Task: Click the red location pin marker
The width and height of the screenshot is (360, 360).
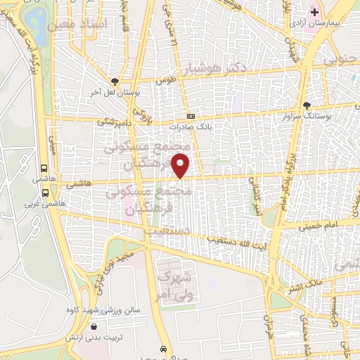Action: pyautogui.click(x=182, y=167)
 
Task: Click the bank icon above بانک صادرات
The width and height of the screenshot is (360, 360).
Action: pyautogui.click(x=190, y=117)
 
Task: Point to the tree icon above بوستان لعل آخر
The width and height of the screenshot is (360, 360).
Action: pyautogui.click(x=115, y=81)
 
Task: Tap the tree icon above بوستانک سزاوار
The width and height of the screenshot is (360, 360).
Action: pyautogui.click(x=306, y=105)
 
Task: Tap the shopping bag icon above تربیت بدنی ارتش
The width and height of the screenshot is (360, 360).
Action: pyautogui.click(x=95, y=326)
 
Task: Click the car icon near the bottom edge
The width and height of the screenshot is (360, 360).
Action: pyautogui.click(x=163, y=349)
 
